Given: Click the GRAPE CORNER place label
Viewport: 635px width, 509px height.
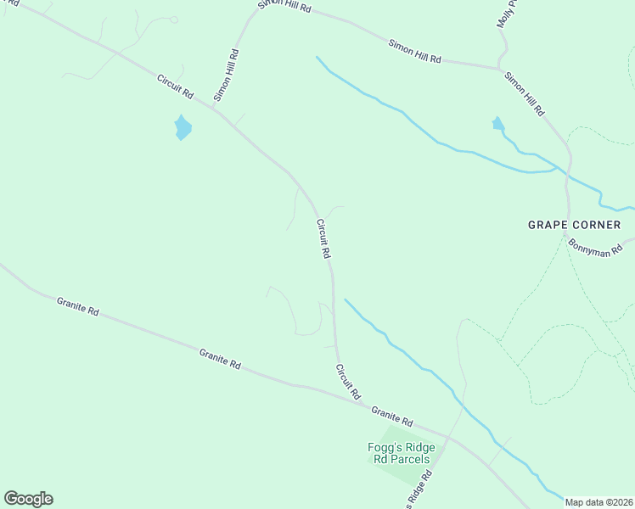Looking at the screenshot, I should (x=574, y=225).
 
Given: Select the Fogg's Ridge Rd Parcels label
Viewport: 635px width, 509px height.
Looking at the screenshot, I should (x=401, y=454).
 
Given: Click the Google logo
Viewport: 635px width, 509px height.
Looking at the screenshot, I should (x=28, y=499).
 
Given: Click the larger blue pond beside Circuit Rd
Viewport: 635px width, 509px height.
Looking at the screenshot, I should (x=183, y=128).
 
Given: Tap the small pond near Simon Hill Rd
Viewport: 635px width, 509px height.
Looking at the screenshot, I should (x=498, y=124).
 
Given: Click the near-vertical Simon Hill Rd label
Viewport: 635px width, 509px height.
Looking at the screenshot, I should (x=227, y=76).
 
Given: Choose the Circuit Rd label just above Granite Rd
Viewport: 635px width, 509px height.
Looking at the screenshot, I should (x=348, y=382).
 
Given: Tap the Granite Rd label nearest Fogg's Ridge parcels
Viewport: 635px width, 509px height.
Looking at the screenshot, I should (x=391, y=416).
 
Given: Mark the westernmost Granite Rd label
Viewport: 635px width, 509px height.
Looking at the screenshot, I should (x=78, y=306).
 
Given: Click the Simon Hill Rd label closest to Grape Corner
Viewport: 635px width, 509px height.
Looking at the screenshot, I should (x=524, y=94).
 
